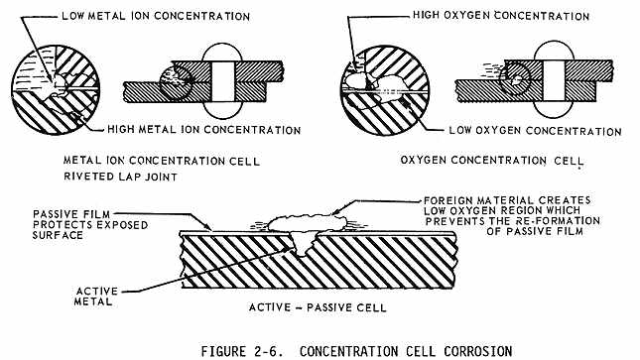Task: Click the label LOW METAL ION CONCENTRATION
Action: [156, 16]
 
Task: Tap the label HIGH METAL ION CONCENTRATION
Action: [203, 130]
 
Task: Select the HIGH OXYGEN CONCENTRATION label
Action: [501, 16]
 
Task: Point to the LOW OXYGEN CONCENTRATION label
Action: [535, 131]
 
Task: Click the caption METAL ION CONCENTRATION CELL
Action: [162, 161]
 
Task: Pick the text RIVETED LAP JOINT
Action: [120, 177]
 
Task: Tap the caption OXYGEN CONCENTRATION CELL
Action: [492, 160]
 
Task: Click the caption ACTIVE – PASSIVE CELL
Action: [318, 307]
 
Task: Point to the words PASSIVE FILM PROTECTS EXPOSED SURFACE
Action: [90, 225]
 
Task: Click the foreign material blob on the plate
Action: [307, 223]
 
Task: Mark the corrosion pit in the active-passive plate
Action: [302, 242]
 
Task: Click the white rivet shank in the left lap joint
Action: [223, 81]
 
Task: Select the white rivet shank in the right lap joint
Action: [554, 80]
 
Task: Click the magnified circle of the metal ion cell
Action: [56, 89]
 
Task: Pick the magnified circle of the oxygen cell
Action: [385, 90]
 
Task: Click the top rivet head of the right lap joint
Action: [554, 51]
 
